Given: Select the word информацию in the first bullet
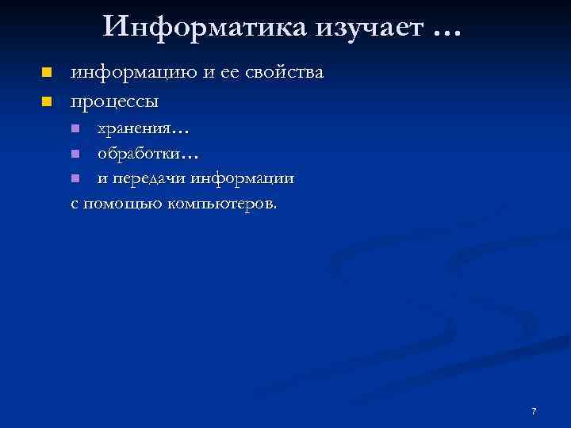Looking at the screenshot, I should tap(130, 73).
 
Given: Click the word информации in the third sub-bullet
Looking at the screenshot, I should tap(242, 178).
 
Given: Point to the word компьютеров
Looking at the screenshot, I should tap(220, 204).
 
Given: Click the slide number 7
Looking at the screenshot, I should tap(534, 411).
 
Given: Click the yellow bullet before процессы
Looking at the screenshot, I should tap(47, 101).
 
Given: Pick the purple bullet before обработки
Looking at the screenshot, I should tap(75, 153).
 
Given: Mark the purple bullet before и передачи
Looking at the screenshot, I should tap(75, 178).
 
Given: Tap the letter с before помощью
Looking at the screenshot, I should tap(75, 204).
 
